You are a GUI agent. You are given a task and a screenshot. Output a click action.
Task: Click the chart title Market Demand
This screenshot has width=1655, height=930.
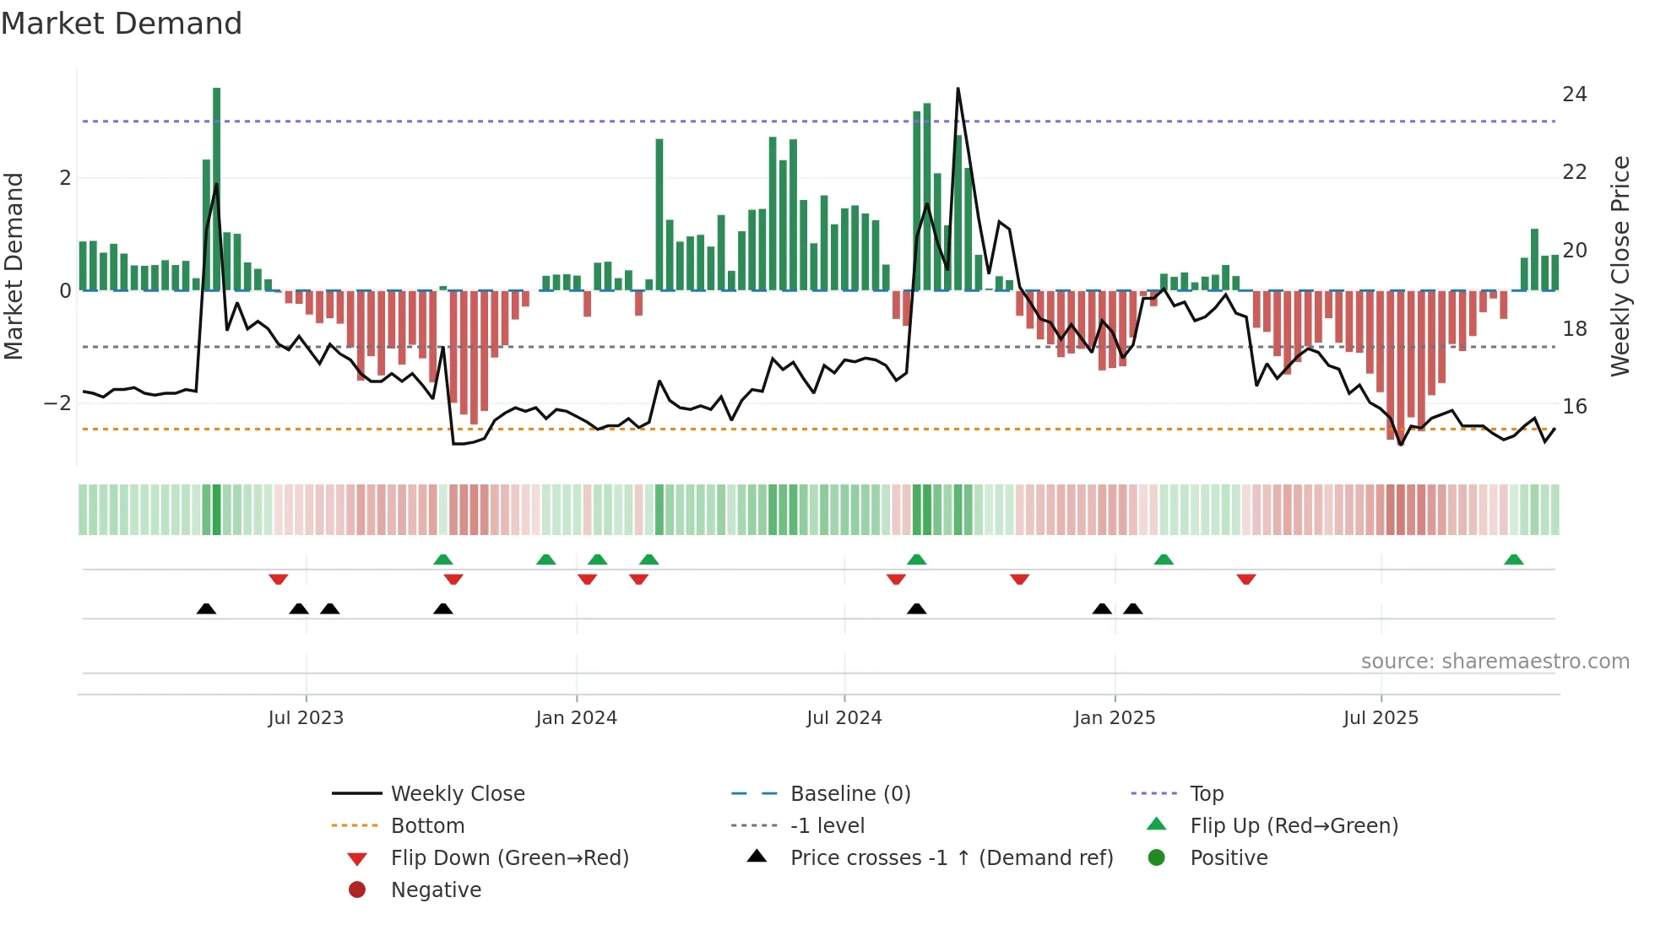point(122,24)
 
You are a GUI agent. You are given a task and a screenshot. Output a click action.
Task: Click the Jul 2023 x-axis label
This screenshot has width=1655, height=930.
point(306,718)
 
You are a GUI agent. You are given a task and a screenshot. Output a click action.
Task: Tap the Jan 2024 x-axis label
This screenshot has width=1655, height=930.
point(576,718)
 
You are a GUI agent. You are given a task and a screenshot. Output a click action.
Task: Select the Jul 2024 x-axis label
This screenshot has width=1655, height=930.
point(844,718)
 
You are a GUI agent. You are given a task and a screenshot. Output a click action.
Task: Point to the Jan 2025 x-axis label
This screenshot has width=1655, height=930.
point(1115,718)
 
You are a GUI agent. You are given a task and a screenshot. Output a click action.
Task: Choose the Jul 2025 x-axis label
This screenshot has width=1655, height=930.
point(1381,718)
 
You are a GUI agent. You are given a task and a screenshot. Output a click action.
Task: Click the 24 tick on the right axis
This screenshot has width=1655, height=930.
point(1574,95)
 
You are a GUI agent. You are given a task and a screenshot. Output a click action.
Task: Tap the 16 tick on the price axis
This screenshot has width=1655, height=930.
point(1574,407)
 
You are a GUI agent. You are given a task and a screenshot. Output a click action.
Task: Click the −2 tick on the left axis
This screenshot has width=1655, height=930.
point(57,403)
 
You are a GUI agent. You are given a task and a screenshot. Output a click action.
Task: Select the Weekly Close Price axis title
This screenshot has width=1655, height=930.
point(1620,266)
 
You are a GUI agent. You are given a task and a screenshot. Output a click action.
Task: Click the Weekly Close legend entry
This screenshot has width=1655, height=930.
point(457,794)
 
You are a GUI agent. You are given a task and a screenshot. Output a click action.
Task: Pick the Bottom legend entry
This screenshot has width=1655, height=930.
point(427,826)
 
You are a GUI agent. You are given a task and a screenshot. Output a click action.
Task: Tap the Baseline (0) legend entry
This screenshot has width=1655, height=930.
point(849,794)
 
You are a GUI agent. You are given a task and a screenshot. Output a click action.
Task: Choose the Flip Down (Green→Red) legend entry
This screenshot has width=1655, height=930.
point(509,858)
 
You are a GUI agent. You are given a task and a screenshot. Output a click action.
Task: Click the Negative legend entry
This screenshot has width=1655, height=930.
point(436,890)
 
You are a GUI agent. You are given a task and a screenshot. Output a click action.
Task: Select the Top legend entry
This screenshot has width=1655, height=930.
point(1207,794)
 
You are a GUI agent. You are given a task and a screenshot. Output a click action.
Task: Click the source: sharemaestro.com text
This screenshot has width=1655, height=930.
point(1495,662)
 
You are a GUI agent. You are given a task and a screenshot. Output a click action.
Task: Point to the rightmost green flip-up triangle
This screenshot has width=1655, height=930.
point(1513,560)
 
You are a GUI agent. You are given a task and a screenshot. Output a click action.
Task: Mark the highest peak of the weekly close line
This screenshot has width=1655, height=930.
point(958,89)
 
